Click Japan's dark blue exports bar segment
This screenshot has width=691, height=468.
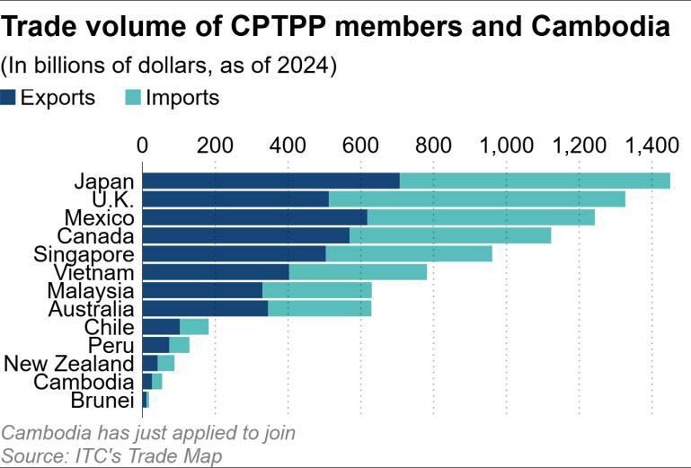tap(270, 181)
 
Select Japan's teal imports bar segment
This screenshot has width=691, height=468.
tap(535, 181)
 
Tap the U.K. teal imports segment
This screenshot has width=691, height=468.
tap(476, 199)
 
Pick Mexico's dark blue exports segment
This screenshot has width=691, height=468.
tap(255, 217)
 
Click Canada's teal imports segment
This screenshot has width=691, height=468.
tap(449, 235)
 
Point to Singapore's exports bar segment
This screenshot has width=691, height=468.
tap(234, 253)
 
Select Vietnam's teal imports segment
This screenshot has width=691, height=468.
tap(358, 272)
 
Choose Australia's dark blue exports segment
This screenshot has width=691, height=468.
tap(205, 309)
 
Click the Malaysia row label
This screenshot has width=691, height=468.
tap(91, 290)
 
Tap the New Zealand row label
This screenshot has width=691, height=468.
tap(69, 363)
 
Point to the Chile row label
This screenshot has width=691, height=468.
tap(109, 327)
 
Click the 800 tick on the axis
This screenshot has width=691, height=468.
tap(433, 144)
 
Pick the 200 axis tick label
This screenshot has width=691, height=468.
tap(215, 144)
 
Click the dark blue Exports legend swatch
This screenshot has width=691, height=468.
tap(8, 98)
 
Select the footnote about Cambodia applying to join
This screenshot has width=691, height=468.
tap(148, 433)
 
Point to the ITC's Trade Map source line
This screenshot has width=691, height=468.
tap(112, 455)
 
